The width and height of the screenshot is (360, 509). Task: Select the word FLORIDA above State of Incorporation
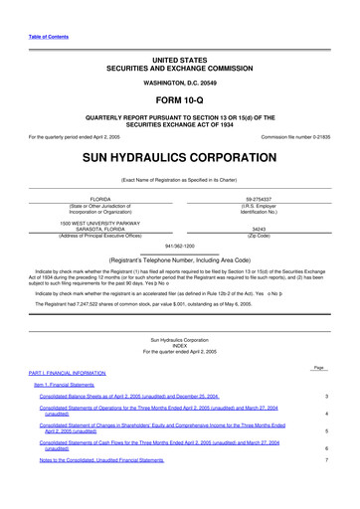[x=100, y=199]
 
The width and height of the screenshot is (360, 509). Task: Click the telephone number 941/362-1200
[x=179, y=244]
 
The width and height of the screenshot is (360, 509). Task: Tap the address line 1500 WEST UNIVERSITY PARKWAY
[x=100, y=222]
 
